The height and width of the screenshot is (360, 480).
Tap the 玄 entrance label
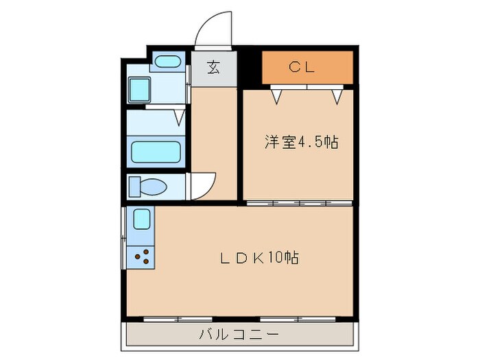[214, 67]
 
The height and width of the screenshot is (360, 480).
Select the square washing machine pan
[141, 89]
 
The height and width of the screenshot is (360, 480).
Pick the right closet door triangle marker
[337, 95]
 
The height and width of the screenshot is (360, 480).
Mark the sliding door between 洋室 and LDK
[299, 203]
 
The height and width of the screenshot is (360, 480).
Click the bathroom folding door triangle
[179, 117]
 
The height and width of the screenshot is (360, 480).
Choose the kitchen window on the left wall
[124, 236]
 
